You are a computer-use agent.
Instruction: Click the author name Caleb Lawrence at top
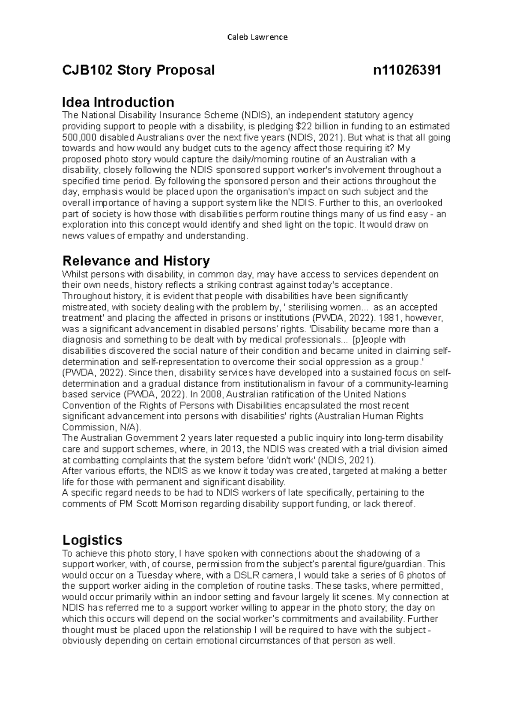click(257, 37)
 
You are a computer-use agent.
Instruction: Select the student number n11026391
click(407, 70)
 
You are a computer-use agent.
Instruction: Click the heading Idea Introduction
click(118, 102)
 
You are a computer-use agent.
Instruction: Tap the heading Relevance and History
click(136, 261)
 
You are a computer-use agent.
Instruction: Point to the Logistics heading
click(92, 539)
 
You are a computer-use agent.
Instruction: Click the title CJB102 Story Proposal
click(138, 70)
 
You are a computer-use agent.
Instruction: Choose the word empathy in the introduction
click(146, 236)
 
